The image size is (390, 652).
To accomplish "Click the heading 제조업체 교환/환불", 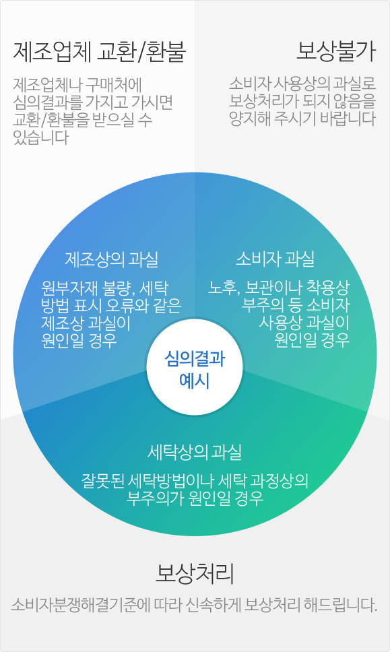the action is click(99, 53).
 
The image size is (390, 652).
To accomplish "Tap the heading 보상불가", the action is click(335, 52).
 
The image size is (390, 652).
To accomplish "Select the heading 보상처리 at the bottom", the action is click(195, 574).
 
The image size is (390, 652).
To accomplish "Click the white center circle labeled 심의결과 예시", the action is click(195, 367).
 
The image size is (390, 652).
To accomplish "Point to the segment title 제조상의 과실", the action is click(111, 259).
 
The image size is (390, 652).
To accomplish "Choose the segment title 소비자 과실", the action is click(275, 259).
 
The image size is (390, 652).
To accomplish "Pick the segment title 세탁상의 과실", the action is click(195, 452).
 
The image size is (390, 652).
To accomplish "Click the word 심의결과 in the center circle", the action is click(195, 358).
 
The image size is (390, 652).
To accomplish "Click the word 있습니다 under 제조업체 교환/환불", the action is click(40, 137).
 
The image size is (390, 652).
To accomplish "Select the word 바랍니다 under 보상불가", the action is click(348, 119).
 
